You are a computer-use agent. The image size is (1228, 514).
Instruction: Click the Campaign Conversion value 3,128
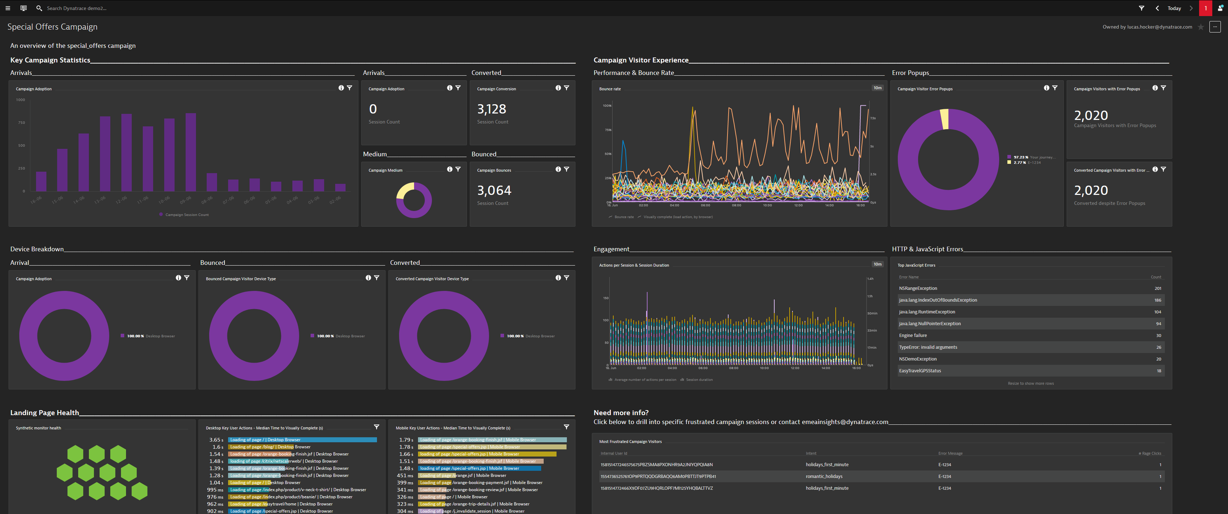[492, 109]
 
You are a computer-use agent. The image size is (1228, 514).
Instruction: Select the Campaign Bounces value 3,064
[494, 191]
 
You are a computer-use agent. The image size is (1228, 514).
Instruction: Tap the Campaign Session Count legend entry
[186, 215]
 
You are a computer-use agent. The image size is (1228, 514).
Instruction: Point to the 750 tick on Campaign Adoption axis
[21, 122]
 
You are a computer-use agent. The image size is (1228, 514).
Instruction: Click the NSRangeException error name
[918, 288]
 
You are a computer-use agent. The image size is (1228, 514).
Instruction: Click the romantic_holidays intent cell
[824, 476]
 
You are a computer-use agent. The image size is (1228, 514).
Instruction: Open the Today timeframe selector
[1174, 8]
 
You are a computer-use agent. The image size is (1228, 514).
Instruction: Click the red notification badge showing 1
[1205, 8]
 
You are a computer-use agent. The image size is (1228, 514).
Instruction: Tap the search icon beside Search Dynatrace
[39, 8]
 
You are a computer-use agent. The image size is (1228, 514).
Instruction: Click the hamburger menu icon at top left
[7, 8]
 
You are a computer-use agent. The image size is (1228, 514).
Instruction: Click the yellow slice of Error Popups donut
[944, 119]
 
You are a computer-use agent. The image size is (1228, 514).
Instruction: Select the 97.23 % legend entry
[1021, 157]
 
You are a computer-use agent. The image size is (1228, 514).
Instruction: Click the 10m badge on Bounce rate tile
[877, 88]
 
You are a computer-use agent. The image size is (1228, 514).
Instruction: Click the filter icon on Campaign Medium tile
[458, 169]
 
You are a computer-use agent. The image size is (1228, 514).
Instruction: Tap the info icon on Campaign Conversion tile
[558, 88]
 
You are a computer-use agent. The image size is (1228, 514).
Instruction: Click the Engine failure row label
[912, 336]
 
